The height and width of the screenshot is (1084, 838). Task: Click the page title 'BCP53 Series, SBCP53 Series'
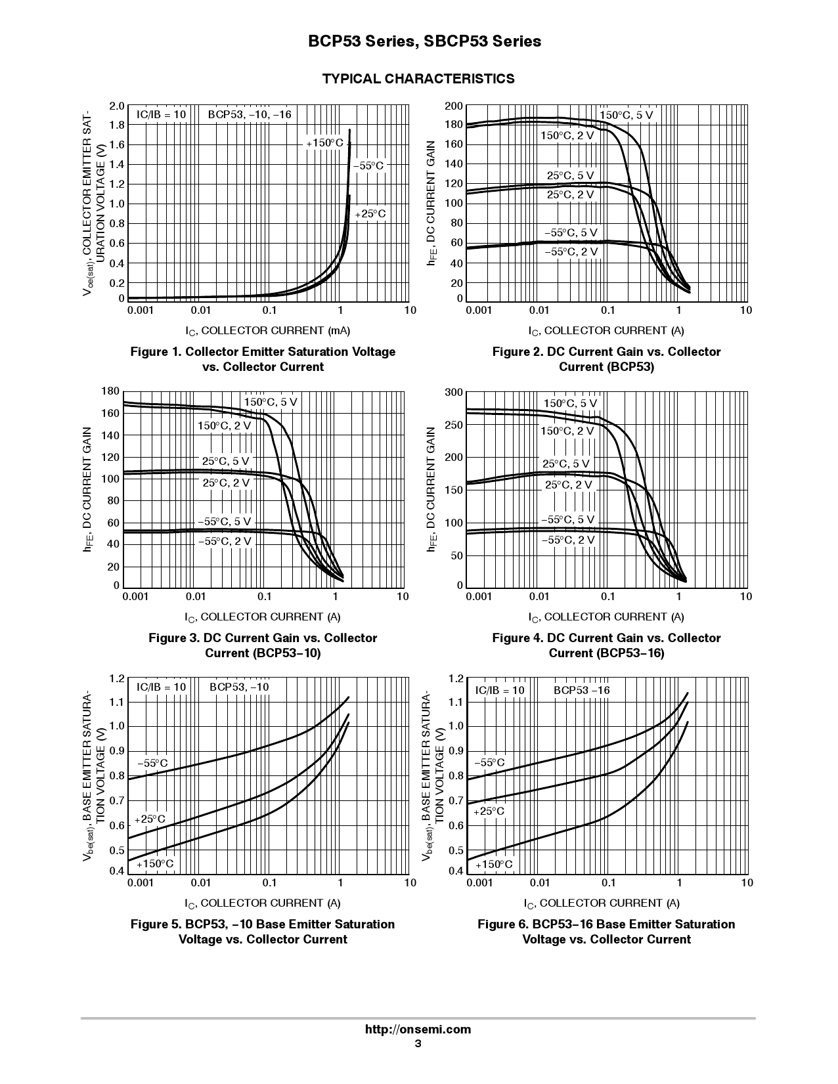point(424,41)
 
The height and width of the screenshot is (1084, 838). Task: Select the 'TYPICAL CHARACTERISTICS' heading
point(418,79)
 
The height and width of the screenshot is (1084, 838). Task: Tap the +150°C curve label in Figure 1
point(324,143)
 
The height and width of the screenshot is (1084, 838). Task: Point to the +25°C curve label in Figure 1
point(370,214)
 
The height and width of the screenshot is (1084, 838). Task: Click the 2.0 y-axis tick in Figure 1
point(116,106)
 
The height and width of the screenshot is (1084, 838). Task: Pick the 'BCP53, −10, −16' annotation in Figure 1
point(250,114)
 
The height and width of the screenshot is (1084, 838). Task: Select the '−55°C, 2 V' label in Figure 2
point(571,252)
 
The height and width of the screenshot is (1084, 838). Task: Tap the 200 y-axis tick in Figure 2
point(454,106)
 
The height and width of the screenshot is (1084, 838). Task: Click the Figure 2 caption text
point(606,359)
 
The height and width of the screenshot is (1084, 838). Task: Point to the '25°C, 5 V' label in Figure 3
point(225,462)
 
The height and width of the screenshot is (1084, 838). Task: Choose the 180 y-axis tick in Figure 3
point(111,391)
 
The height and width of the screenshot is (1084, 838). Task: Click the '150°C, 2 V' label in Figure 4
point(567,431)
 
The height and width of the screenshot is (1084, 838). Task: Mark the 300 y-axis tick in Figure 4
point(454,392)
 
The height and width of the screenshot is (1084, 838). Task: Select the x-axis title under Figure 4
point(606,618)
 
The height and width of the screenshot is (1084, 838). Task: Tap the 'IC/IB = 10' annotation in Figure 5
point(161,687)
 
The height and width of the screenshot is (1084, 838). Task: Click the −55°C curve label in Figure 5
point(152,764)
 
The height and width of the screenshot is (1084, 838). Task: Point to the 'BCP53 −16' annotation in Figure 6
point(582,691)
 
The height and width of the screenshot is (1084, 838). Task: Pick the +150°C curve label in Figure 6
point(493,865)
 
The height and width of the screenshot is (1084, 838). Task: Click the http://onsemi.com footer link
point(418,1029)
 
